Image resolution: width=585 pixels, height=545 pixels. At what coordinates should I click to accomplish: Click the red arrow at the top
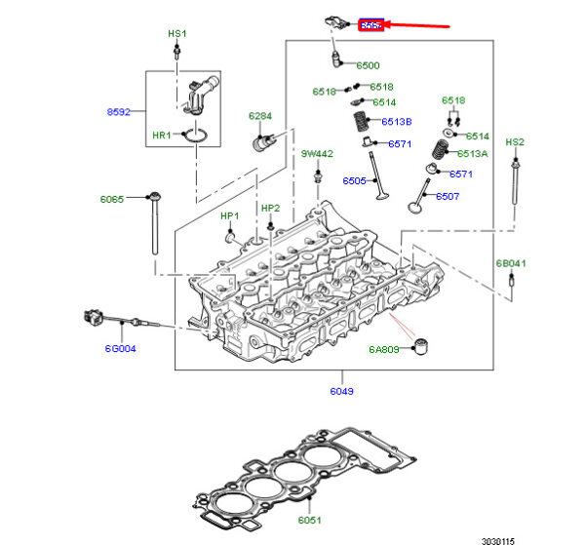pyautogui.click(x=417, y=23)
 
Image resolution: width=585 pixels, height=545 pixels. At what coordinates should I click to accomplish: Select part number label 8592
pyautogui.click(x=118, y=112)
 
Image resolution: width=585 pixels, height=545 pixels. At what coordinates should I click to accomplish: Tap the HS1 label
pyautogui.click(x=176, y=33)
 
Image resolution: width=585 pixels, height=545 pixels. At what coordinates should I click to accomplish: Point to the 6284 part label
pyautogui.click(x=259, y=116)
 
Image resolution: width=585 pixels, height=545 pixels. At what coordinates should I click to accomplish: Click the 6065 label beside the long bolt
pyautogui.click(x=112, y=199)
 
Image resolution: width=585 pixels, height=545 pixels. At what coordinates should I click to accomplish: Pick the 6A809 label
pyautogui.click(x=384, y=349)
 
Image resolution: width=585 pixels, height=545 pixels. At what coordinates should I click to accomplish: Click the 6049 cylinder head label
pyautogui.click(x=342, y=391)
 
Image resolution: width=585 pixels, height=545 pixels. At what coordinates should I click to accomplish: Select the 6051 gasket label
pyautogui.click(x=308, y=521)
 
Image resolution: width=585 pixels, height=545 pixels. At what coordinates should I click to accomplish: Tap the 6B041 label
pyautogui.click(x=511, y=263)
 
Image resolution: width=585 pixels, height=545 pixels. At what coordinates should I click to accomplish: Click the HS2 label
pyautogui.click(x=515, y=142)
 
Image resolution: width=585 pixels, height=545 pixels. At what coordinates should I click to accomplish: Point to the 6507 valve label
pyautogui.click(x=448, y=196)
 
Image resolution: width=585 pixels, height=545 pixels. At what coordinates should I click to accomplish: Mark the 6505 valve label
pyautogui.click(x=354, y=180)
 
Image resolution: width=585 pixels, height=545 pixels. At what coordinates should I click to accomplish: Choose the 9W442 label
pyautogui.click(x=317, y=154)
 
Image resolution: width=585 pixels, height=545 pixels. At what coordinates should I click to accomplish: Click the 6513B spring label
pyautogui.click(x=397, y=122)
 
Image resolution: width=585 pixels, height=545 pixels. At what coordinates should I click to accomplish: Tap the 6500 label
pyautogui.click(x=368, y=65)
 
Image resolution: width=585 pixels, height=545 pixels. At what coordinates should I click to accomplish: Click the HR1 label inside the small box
pyautogui.click(x=162, y=135)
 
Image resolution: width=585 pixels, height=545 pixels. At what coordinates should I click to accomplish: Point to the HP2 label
pyautogui.click(x=270, y=208)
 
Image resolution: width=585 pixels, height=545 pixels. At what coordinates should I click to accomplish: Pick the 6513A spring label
pyautogui.click(x=473, y=154)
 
